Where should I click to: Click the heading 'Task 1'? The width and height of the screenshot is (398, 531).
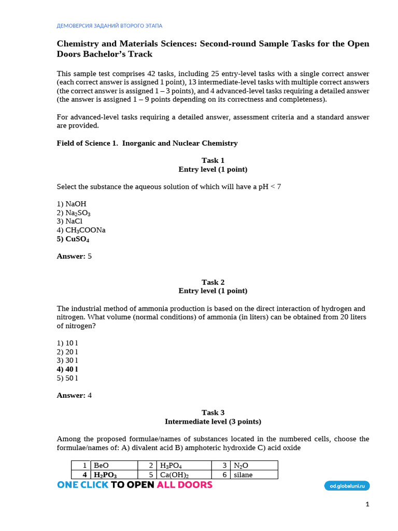point(213,160)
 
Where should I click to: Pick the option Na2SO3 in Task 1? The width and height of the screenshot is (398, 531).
point(74,213)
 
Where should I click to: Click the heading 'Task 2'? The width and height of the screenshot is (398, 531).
point(213,282)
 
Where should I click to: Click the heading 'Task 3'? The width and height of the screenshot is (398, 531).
point(213,412)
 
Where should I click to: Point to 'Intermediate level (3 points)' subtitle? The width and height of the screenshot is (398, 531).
point(213,421)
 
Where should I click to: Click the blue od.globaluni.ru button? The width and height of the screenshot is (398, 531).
point(347,485)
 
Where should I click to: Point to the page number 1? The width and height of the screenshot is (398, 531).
point(367,505)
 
